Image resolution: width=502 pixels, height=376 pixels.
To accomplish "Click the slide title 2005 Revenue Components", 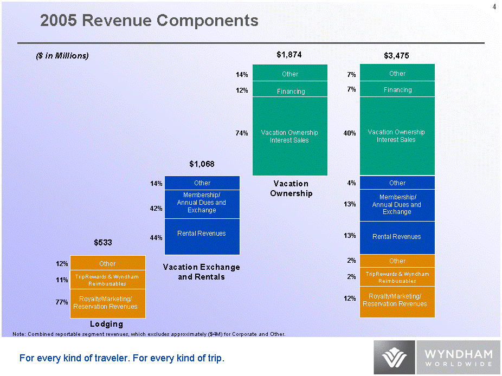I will (149, 21).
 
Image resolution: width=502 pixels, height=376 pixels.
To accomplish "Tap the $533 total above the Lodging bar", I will (103, 243).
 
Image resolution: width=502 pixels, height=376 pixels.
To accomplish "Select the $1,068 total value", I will (202, 163).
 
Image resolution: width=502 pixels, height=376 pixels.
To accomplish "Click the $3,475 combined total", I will (396, 55).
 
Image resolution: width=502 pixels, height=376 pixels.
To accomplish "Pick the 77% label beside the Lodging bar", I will (61, 302).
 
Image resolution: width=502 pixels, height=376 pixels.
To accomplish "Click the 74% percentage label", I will (241, 133).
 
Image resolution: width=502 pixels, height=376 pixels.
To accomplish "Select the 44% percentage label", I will (156, 237).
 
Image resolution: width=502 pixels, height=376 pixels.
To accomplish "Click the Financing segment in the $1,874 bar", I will (291, 90).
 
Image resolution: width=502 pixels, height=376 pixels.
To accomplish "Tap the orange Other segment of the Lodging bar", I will (107, 263).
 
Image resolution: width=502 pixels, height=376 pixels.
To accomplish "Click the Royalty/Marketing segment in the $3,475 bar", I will (397, 300).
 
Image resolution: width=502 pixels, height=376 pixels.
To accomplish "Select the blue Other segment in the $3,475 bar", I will (397, 183).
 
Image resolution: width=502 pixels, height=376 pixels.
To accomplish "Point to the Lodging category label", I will (107, 324).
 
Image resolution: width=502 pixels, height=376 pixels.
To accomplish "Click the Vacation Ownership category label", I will (291, 189).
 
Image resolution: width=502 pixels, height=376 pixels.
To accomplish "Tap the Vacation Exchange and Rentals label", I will (202, 272).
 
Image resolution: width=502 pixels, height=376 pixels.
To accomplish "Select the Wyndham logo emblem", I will (394, 358).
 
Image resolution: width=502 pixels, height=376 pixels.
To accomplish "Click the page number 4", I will (494, 7).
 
